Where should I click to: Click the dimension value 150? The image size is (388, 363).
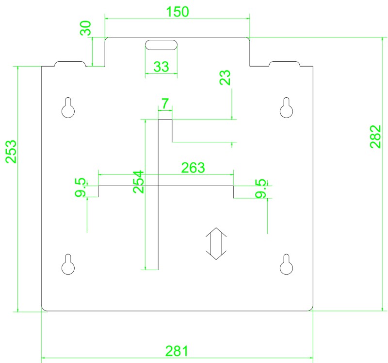pos(178,12)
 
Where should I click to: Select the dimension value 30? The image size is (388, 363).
pos(86,28)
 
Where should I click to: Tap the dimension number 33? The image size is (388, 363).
pos(162,67)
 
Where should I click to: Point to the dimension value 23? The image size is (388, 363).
pos(225,77)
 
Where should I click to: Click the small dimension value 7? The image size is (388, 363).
pos(165,104)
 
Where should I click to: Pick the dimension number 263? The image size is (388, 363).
pos(193,168)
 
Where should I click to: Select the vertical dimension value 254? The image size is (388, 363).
pos(138,182)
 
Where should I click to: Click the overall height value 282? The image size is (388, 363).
pos(375,137)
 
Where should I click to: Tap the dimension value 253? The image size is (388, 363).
pos(11,152)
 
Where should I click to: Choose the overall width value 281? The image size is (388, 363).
pos(177,351)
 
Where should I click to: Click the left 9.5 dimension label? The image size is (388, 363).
pos(81,187)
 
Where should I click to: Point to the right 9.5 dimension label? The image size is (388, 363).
pos(261,188)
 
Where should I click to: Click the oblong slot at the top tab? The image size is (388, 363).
pos(162,45)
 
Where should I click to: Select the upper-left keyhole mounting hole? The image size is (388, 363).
pos(68,107)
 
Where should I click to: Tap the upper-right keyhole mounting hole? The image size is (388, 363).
pos(286,107)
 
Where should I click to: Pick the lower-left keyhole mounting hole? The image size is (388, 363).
pos(68,264)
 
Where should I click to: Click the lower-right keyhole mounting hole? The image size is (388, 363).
pos(286,264)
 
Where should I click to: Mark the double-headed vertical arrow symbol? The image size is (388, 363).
pos(216,243)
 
